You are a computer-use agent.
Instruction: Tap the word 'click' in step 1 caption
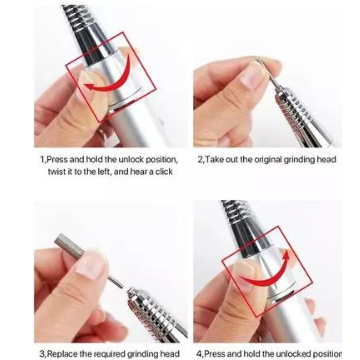[x=164, y=172]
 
